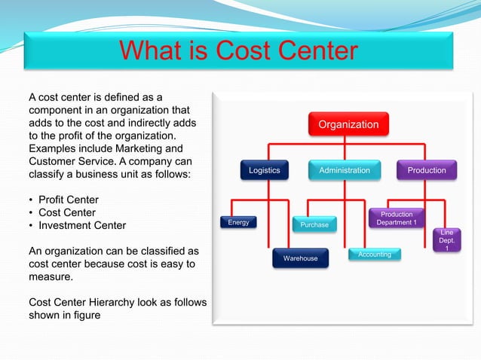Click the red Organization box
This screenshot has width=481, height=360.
[348, 124]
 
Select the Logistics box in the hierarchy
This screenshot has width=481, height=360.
[264, 170]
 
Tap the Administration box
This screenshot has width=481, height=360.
[345, 170]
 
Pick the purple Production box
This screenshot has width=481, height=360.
[427, 170]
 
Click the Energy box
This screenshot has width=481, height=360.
[238, 222]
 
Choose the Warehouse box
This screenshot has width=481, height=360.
[300, 259]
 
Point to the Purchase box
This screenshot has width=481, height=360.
[314, 224]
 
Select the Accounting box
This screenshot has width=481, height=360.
[375, 255]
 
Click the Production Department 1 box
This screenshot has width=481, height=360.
[397, 218]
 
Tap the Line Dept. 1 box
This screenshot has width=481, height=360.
[447, 240]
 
